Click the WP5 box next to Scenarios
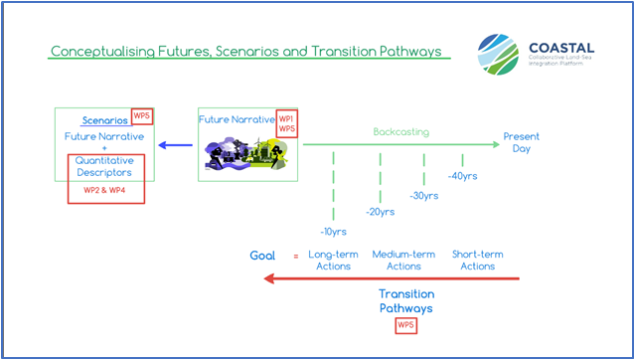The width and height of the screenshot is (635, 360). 140,116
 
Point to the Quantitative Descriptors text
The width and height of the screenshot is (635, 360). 105,167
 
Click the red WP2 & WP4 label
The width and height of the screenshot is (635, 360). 105,190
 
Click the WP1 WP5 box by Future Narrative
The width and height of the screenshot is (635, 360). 287,124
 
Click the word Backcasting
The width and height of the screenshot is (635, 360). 402,131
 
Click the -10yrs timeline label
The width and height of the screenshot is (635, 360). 334,231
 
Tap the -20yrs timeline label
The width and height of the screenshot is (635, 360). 380,212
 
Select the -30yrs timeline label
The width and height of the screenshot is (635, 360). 425,195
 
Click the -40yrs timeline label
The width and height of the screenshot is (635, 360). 463,176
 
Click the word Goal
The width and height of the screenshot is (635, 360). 262,256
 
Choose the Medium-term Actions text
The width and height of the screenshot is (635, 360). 403,260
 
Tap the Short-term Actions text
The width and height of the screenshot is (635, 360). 477,260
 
